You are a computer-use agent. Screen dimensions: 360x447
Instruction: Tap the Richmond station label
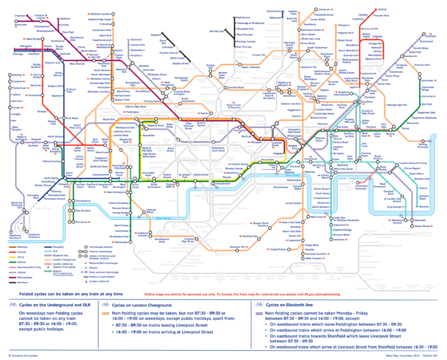tap(82, 222)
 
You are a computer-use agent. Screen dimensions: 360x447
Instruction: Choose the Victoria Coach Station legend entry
tap(107, 291)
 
